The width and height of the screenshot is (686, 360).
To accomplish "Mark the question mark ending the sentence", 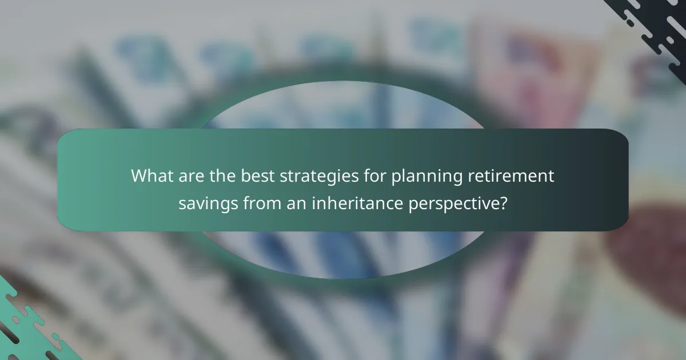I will pyautogui.click(x=503, y=203).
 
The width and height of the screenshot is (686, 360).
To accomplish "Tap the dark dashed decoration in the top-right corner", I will pyautogui.click(x=652, y=29).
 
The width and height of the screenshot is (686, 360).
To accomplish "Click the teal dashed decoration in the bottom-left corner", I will pyautogui.click(x=29, y=326).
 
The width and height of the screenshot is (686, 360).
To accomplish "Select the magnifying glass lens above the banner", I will pyautogui.click(x=343, y=106).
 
